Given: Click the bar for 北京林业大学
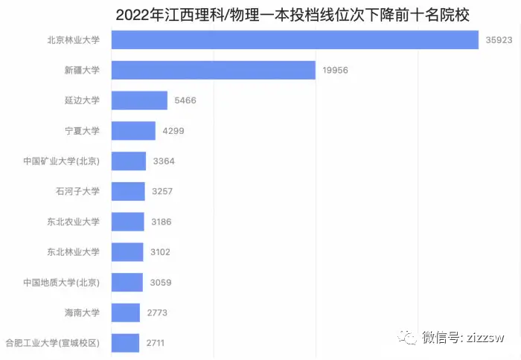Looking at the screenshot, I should click(x=295, y=40).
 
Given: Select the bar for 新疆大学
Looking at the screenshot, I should click(x=214, y=70).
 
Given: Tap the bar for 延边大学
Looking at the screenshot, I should click(x=139, y=100).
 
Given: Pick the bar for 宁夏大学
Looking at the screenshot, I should click(x=133, y=131).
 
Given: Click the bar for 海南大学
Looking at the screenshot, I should click(x=126, y=312).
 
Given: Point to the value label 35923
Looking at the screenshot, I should click(x=499, y=40).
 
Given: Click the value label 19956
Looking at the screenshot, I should click(x=336, y=71).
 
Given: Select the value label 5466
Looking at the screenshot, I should click(x=184, y=100).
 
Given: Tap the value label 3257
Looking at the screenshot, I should click(x=162, y=191).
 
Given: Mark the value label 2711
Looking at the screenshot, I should click(x=156, y=343).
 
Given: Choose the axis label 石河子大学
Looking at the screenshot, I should click(x=77, y=191).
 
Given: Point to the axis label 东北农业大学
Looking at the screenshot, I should click(x=73, y=222).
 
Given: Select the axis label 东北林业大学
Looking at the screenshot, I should click(x=73, y=252).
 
